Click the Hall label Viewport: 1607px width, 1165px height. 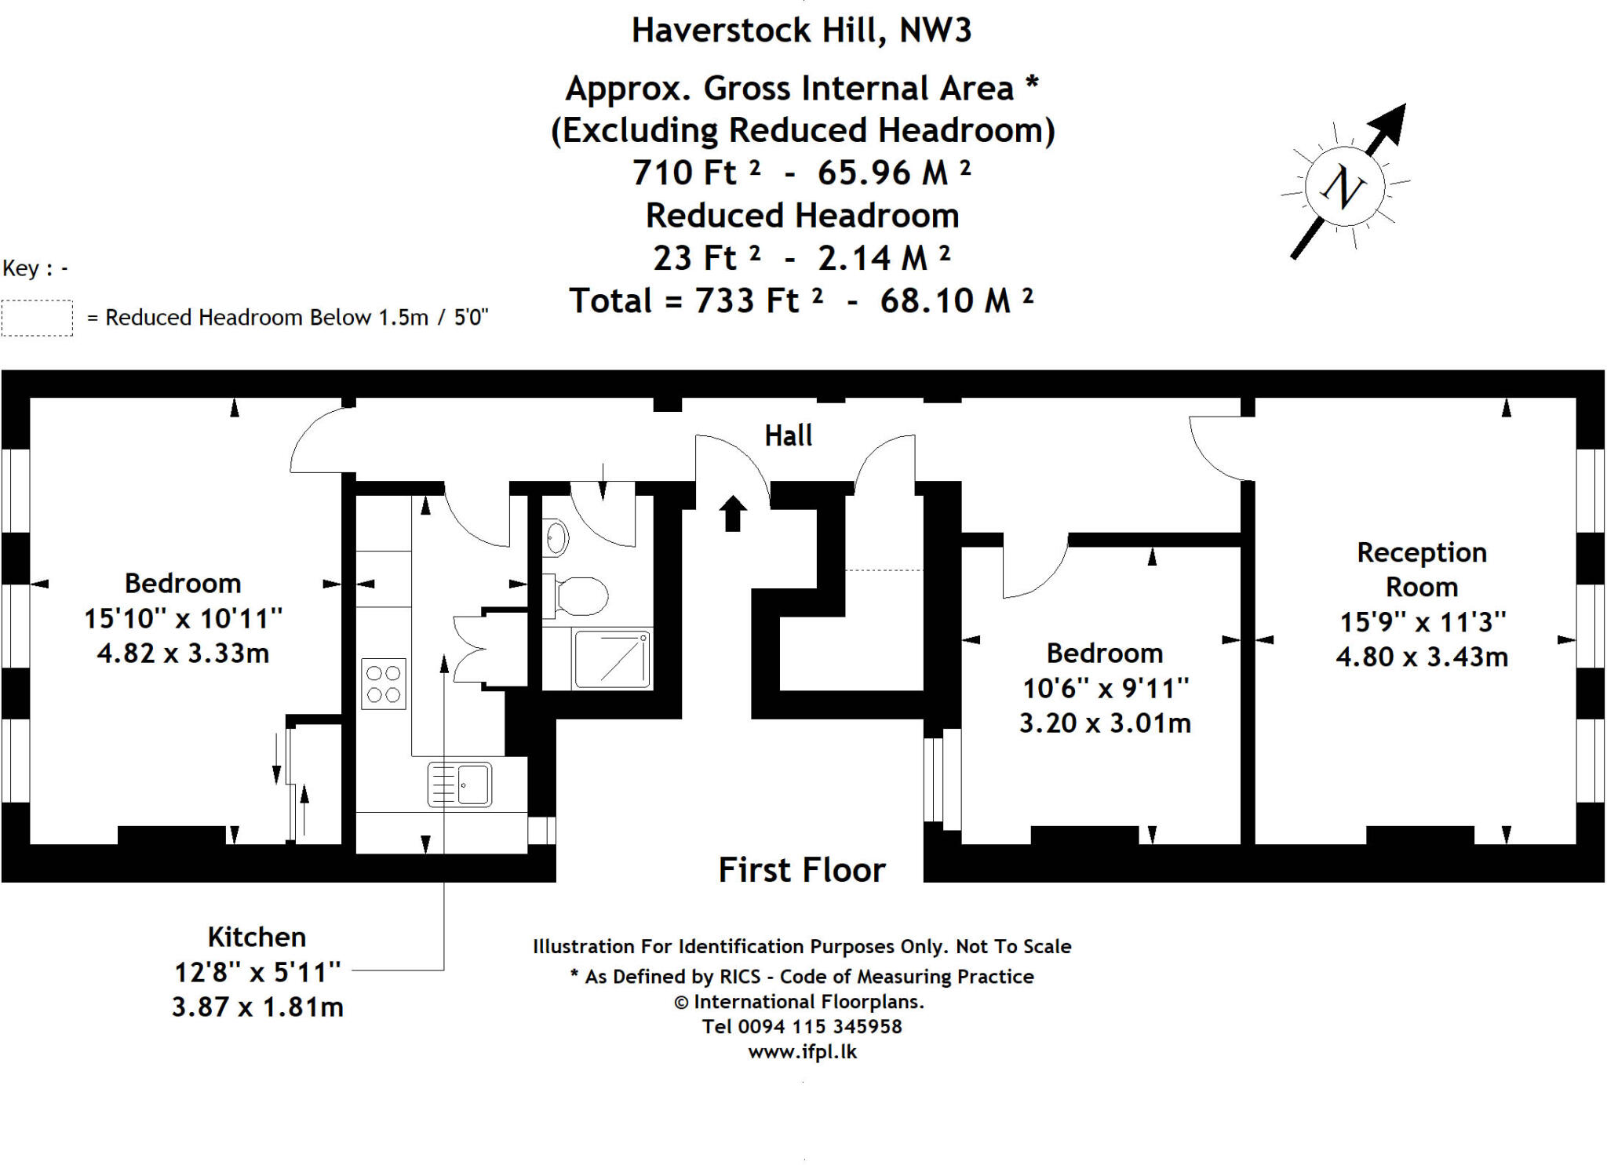tap(788, 435)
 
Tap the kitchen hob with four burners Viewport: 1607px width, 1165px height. tap(383, 683)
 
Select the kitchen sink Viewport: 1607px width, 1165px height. tap(460, 784)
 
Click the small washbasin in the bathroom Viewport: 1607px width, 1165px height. tap(556, 538)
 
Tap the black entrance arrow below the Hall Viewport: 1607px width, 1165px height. tap(733, 514)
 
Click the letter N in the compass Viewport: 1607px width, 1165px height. tap(1343, 187)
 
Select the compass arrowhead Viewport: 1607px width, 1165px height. tap(1390, 122)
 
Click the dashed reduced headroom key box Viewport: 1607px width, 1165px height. tap(37, 318)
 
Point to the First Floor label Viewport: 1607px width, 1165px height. tap(801, 870)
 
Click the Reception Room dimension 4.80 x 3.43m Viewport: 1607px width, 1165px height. tap(1421, 656)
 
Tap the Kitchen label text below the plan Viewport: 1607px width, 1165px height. tap(257, 937)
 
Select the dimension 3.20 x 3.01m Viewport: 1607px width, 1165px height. tap(1104, 722)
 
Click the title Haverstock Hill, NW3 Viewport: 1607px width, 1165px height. tap(801, 31)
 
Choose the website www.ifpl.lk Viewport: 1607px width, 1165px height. tap(802, 1051)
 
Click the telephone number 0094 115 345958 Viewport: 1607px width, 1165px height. tap(819, 1026)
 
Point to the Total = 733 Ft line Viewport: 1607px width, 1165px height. tap(801, 300)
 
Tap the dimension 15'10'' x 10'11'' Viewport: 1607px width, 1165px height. tap(183, 618)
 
